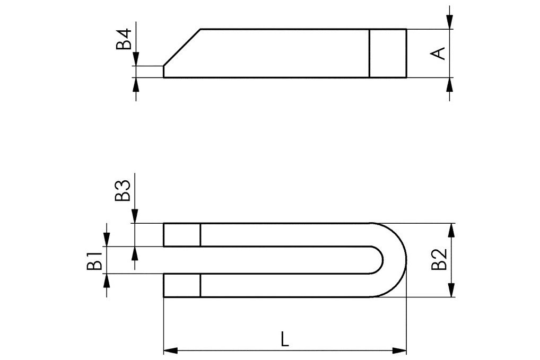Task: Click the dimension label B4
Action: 124,40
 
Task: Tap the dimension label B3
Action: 123,190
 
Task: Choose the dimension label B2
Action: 439,259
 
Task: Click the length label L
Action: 285,339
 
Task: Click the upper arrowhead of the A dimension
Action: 450,22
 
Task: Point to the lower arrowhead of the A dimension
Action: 450,84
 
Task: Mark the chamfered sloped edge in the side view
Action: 181,47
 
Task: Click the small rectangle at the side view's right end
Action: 388,53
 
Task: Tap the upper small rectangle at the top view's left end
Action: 181,235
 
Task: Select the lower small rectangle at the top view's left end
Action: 181,285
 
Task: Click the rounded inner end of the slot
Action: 381,260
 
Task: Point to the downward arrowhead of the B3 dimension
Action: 135,216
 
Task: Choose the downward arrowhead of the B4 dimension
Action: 136,59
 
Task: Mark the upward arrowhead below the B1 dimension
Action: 107,280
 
